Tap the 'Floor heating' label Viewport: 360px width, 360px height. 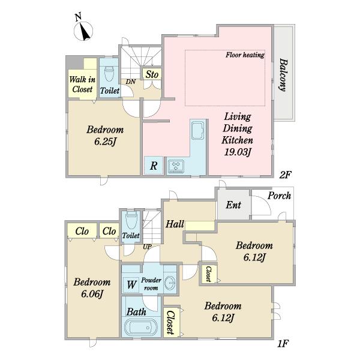point(245,55)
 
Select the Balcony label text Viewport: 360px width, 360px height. point(284,75)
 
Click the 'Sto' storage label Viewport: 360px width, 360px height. point(152,74)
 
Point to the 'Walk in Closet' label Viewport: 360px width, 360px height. point(82,84)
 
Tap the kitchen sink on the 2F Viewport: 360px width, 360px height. point(197,130)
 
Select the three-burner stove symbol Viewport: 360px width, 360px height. point(176,166)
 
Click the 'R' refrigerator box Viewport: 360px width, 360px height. point(154,166)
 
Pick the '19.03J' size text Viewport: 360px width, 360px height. point(237,152)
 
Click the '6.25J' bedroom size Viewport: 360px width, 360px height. point(105,142)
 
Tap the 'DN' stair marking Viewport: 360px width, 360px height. point(131,82)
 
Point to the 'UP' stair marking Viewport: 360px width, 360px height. point(147,247)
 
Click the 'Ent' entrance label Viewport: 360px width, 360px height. point(233,205)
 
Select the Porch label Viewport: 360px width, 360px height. point(279,196)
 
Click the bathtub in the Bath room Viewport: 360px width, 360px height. point(141,328)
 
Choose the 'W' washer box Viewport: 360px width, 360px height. point(131,284)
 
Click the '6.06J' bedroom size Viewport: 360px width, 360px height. point(92,294)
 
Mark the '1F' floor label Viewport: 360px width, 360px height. point(283,343)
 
